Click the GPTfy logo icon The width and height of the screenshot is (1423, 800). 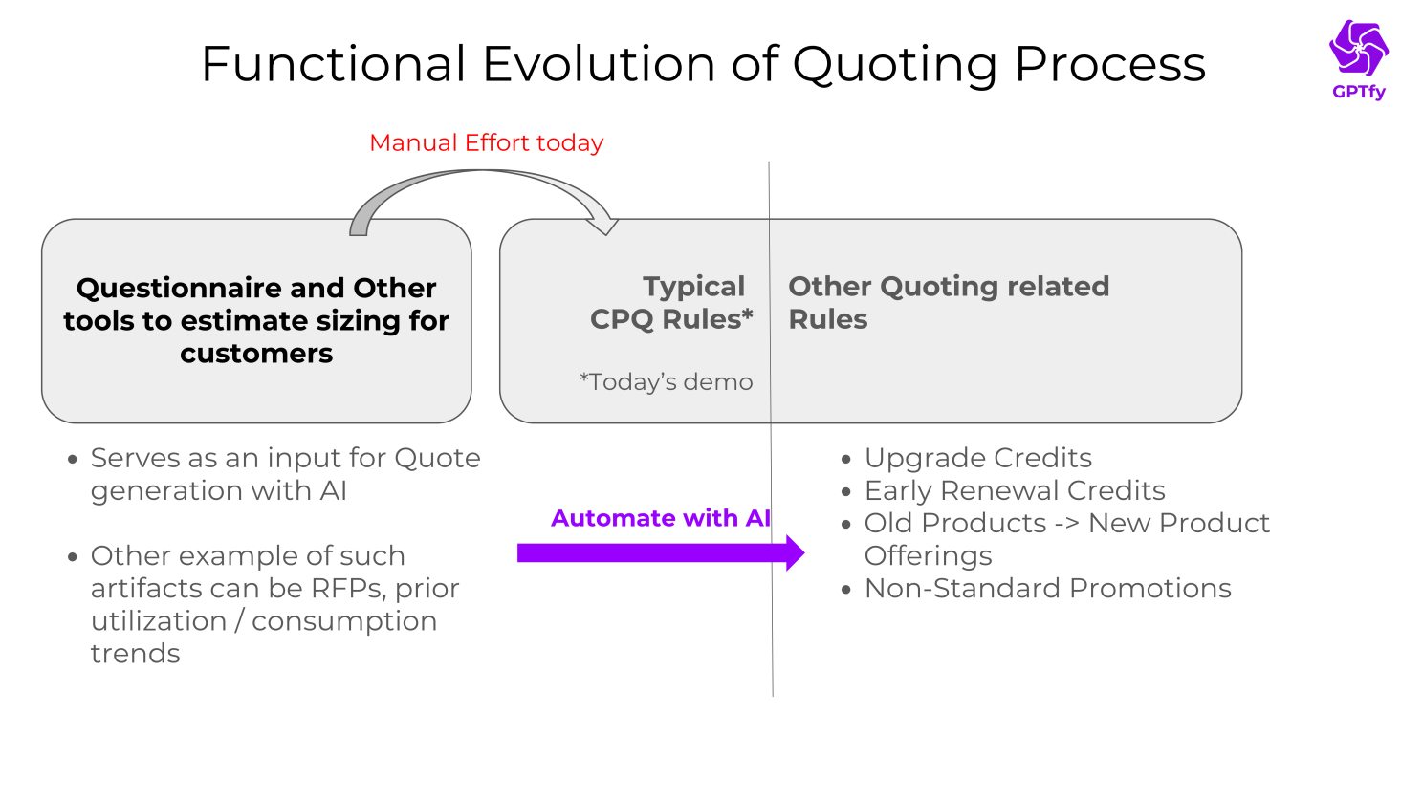pos(1358,48)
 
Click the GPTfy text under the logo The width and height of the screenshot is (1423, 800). pos(1358,93)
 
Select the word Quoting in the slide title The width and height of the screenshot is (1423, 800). pos(894,65)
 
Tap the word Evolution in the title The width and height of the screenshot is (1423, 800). pos(600,65)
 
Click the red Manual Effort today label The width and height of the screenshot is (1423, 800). pos(486,143)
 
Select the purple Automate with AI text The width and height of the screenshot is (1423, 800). pos(660,518)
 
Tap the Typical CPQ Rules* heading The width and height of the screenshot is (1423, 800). pos(671,302)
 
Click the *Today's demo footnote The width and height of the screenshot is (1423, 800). pos(666,382)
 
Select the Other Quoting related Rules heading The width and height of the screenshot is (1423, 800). pos(948,302)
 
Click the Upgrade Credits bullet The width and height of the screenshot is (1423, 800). pos(977,458)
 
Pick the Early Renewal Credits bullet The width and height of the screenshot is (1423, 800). pos(1014,490)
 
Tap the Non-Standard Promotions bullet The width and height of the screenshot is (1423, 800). pos(1047,588)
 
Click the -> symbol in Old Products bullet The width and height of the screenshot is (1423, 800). pos(1067,524)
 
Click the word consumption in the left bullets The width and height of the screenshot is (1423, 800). pos(344,621)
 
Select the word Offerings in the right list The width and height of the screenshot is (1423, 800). pos(928,555)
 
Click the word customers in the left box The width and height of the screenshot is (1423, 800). pos(256,354)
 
